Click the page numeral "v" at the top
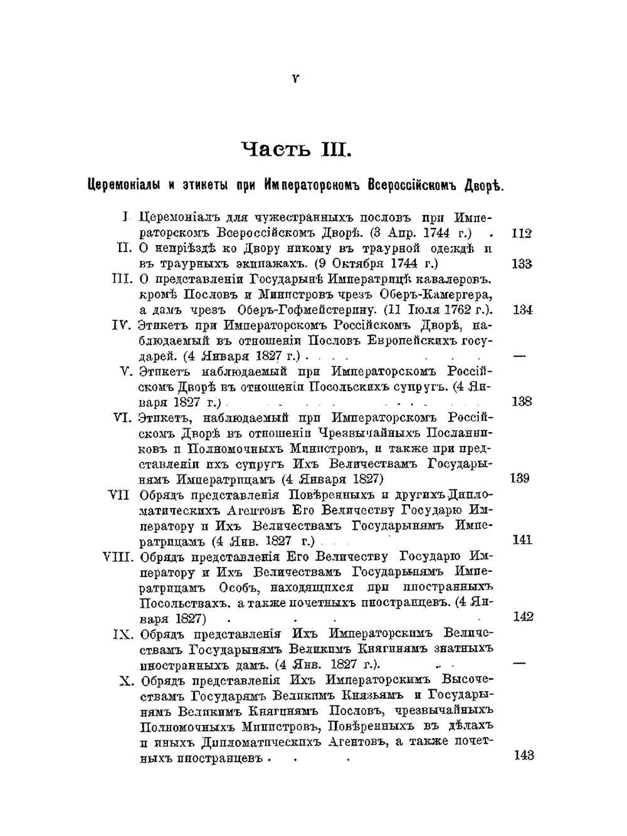point(295,78)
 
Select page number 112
point(522,233)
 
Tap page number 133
point(522,263)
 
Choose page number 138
point(522,401)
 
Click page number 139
point(520,478)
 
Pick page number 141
point(522,539)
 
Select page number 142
point(523,616)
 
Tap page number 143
point(524,755)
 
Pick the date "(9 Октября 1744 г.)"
point(376,263)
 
